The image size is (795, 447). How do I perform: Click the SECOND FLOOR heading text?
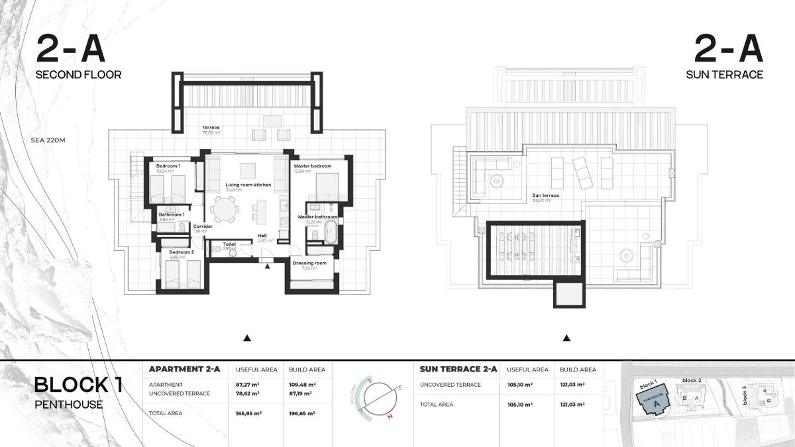coord(78,75)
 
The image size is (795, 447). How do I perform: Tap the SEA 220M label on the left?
coord(52,140)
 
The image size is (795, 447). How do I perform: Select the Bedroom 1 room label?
coord(168,166)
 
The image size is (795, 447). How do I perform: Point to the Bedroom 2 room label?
coord(181,252)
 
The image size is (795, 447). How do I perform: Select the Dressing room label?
coord(309,263)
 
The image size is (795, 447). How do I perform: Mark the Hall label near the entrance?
coord(263,235)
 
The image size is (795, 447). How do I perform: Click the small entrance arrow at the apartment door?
coord(267,266)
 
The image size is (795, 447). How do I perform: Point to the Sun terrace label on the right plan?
coord(546,195)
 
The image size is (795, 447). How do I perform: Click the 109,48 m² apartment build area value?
coord(302,384)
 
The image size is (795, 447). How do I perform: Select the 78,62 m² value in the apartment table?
coord(248,393)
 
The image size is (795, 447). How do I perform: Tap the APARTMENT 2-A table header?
coord(184,369)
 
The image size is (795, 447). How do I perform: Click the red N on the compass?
coord(390,417)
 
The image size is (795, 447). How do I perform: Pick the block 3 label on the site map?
coord(745,395)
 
